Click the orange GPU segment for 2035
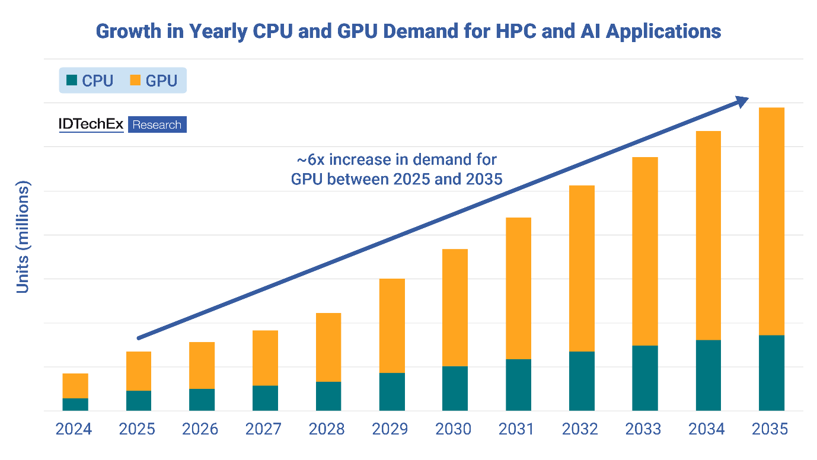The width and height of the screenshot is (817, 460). click(771, 221)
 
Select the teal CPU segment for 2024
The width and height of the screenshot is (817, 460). click(75, 404)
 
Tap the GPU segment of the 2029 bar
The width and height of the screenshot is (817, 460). click(392, 325)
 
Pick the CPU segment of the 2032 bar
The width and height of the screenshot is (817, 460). click(582, 381)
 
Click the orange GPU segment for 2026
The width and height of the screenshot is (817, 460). click(202, 365)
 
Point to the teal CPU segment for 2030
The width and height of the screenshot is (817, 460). click(455, 388)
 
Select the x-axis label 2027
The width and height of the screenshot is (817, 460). click(265, 429)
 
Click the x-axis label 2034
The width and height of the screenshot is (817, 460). click(708, 429)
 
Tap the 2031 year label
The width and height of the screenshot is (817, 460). click(518, 429)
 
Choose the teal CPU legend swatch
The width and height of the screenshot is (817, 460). click(72, 80)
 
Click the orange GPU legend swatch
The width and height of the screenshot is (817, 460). click(135, 80)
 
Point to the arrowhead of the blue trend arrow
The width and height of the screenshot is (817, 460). click(741, 102)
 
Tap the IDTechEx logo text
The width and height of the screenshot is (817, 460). click(91, 124)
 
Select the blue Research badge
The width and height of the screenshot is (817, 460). click(157, 124)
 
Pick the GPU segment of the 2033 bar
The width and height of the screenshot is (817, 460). click(644, 251)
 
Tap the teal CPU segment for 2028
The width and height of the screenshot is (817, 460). click(328, 396)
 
